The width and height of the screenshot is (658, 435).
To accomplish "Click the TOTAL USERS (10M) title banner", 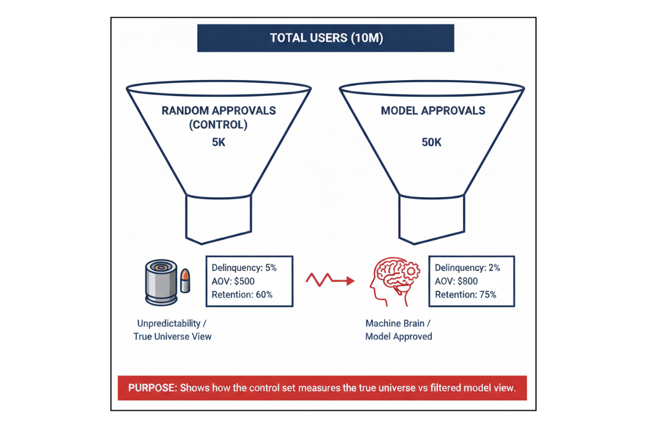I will pyautogui.click(x=326, y=38).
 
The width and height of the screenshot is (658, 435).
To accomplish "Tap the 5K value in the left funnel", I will pyautogui.click(x=219, y=142).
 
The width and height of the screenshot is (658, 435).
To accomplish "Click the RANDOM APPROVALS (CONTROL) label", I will pyautogui.click(x=219, y=118).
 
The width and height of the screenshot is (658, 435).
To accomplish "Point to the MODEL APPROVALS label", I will pyautogui.click(x=433, y=111).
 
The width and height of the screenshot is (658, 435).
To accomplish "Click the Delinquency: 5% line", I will pyautogui.click(x=244, y=268).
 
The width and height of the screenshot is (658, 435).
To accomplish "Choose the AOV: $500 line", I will pyautogui.click(x=233, y=281).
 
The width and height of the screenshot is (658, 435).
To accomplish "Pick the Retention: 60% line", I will pyautogui.click(x=242, y=294).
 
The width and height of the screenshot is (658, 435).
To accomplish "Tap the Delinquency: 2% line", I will pyautogui.click(x=467, y=268).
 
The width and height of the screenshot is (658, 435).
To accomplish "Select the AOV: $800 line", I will pyautogui.click(x=456, y=281).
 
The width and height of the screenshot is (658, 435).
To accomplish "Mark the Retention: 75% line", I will pyautogui.click(x=465, y=294).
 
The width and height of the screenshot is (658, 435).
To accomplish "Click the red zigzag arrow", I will pyautogui.click(x=330, y=280).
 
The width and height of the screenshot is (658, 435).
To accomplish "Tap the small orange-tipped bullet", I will pyautogui.click(x=185, y=280).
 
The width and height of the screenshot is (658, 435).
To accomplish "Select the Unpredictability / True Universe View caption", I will pyautogui.click(x=172, y=330).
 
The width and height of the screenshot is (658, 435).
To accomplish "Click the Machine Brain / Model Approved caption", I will pyautogui.click(x=399, y=330).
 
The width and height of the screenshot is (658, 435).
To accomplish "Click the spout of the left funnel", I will pyautogui.click(x=219, y=218).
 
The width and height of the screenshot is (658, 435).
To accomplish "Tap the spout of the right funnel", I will pyautogui.click(x=432, y=218).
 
